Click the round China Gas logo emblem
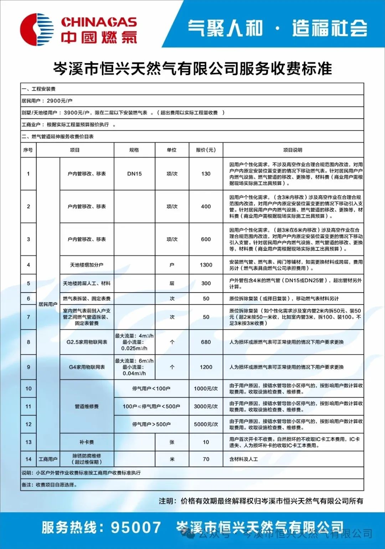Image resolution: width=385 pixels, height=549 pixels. [37, 29]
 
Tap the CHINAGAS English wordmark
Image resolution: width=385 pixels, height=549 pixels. [99, 22]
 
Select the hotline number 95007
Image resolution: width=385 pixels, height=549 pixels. [136, 527]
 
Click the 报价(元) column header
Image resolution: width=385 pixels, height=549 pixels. [206, 150]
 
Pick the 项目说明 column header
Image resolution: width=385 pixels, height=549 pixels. [293, 150]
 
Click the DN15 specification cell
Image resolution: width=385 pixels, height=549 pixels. [134, 174]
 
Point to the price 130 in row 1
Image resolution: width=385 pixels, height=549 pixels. [206, 174]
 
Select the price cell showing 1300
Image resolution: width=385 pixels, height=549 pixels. [206, 265]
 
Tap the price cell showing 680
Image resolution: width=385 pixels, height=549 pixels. [206, 342]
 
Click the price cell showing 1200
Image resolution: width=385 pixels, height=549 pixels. [206, 367]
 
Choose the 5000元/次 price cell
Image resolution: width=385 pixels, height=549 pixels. [206, 424]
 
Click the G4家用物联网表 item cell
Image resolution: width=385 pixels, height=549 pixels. [87, 367]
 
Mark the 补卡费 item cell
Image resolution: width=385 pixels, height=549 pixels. [87, 442]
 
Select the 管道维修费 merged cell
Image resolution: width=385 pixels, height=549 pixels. [87, 406]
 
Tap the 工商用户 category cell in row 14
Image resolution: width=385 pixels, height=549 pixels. [48, 459]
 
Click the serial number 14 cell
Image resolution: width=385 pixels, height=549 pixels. [29, 459]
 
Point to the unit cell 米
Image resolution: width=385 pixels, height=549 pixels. [172, 459]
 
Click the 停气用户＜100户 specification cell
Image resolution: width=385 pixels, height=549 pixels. [151, 388]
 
